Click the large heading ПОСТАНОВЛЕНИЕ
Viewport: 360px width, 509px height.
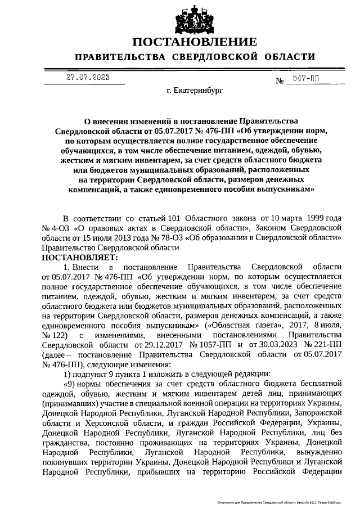click(195, 42)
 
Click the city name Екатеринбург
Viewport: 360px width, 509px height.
click(195, 89)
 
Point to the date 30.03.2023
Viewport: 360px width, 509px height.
click(276, 344)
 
